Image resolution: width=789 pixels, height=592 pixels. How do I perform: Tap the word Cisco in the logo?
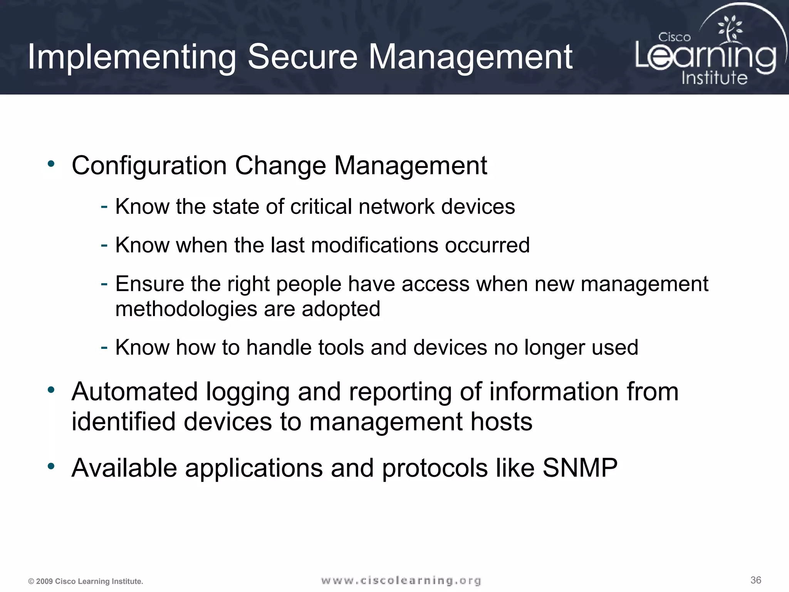pos(674,37)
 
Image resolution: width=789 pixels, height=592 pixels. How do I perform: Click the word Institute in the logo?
pos(714,78)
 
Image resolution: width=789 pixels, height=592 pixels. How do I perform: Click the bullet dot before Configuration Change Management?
pos(51,164)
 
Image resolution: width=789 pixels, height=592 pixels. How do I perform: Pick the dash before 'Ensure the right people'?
pos(104,284)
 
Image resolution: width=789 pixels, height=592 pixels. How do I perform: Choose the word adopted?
pos(341,309)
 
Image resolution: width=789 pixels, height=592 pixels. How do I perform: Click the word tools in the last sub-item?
pos(341,348)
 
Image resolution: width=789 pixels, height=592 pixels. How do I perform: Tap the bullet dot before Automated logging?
pos(51,390)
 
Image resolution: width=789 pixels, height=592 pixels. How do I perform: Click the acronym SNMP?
pos(580,468)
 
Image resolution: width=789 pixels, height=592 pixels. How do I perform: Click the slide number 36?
pos(756,580)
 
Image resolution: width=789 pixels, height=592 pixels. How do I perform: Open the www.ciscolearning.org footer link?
pos(401,580)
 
